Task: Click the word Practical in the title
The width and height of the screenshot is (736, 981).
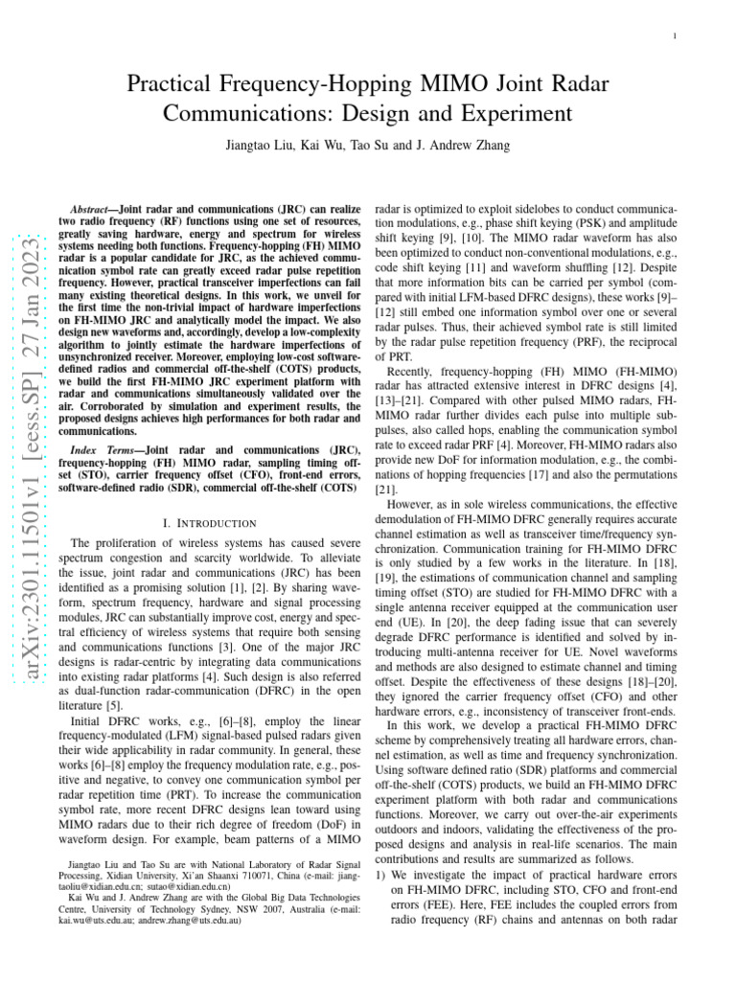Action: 175,85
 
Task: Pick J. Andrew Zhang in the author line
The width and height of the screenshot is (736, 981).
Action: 467,146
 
